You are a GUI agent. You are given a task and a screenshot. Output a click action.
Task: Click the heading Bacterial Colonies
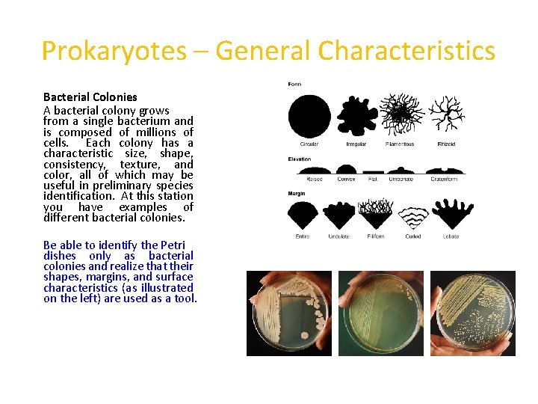tap(90, 97)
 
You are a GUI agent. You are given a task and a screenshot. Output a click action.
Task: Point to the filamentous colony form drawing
tap(401, 114)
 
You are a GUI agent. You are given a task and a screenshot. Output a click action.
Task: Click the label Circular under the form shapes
tap(309, 144)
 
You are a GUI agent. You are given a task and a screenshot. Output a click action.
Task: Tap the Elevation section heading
tap(300, 159)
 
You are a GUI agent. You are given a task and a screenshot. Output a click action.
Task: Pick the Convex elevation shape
tap(347, 171)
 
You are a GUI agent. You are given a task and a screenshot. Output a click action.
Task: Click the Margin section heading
tap(297, 194)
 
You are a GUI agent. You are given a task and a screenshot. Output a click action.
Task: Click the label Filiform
tap(376, 236)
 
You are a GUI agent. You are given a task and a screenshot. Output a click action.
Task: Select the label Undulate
tap(338, 236)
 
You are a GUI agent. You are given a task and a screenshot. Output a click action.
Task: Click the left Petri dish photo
tap(288, 313)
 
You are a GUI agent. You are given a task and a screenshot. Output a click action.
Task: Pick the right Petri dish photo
tap(473, 313)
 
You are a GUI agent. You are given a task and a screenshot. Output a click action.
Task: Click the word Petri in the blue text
tap(173, 245)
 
